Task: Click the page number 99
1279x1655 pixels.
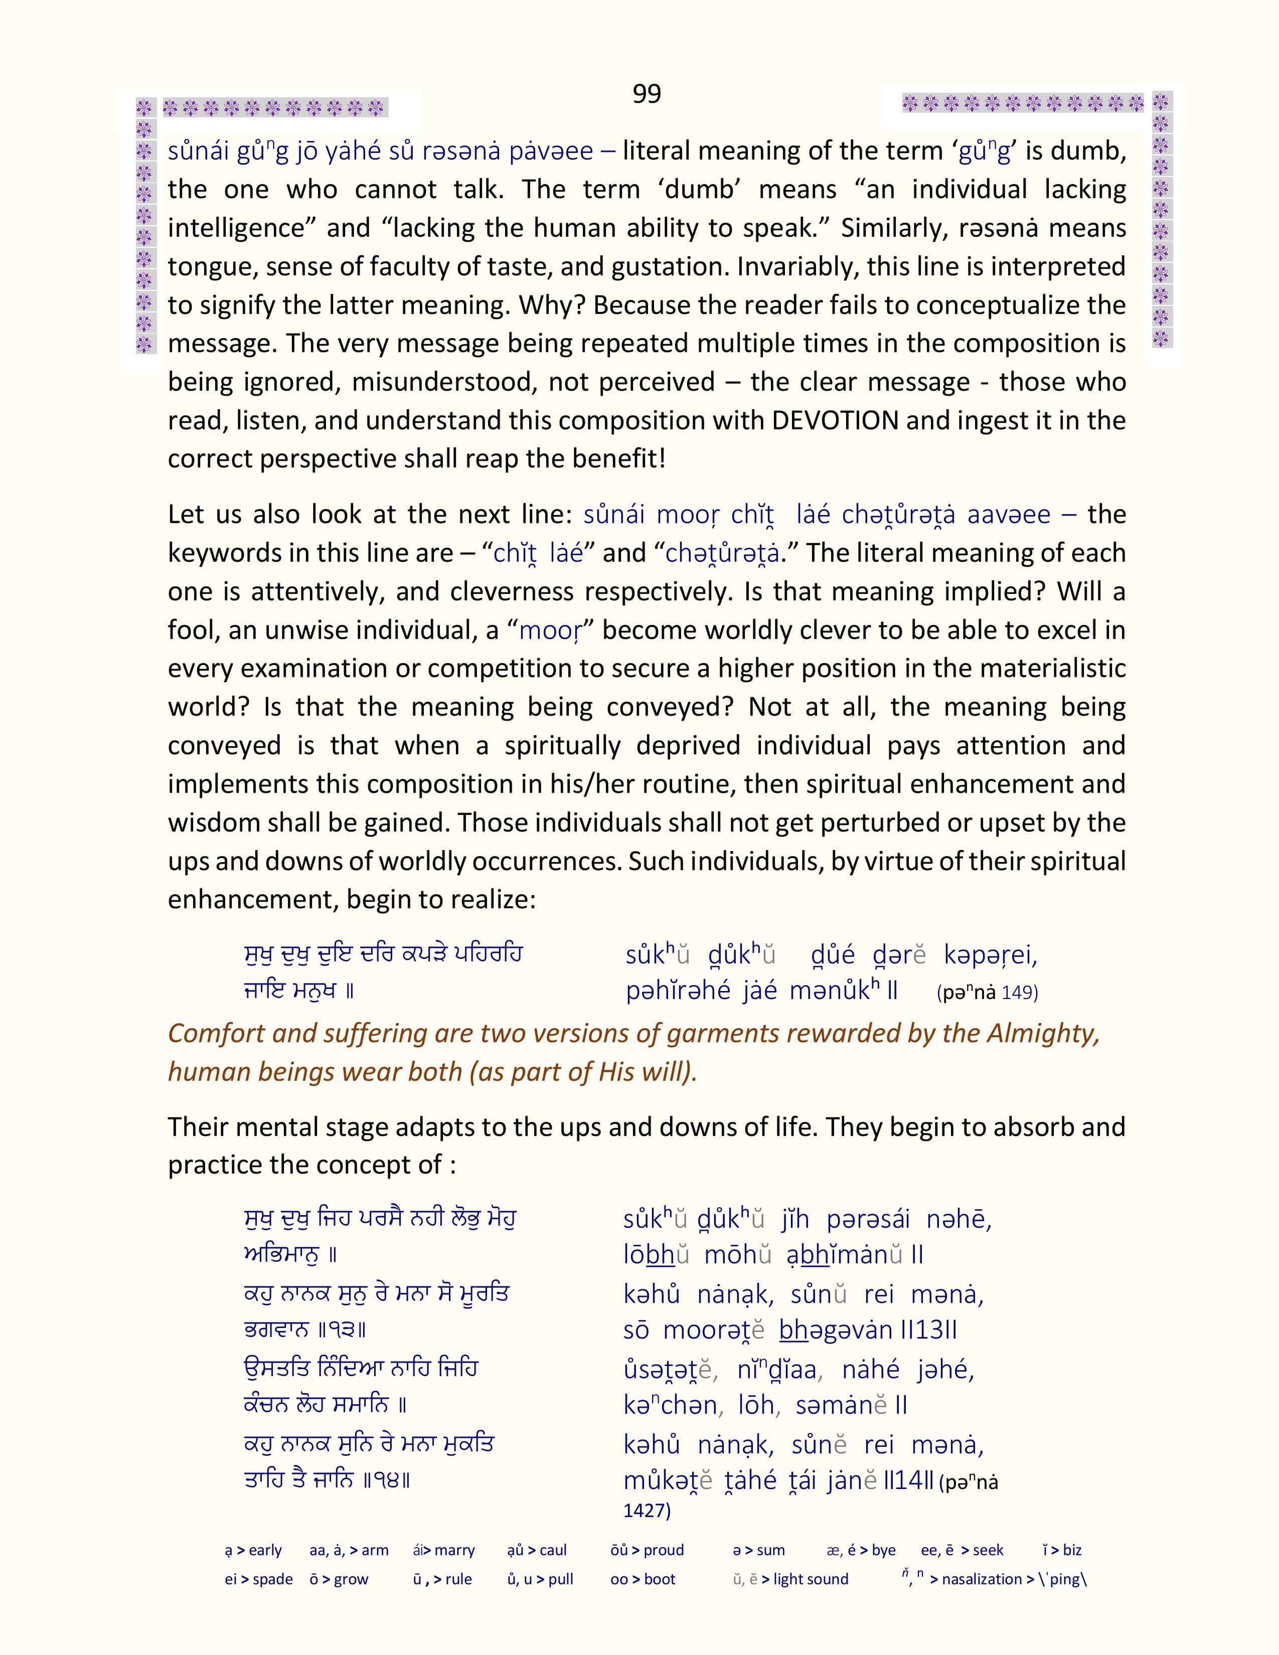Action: pyautogui.click(x=647, y=94)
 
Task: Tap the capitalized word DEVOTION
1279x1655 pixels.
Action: pyautogui.click(x=835, y=421)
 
